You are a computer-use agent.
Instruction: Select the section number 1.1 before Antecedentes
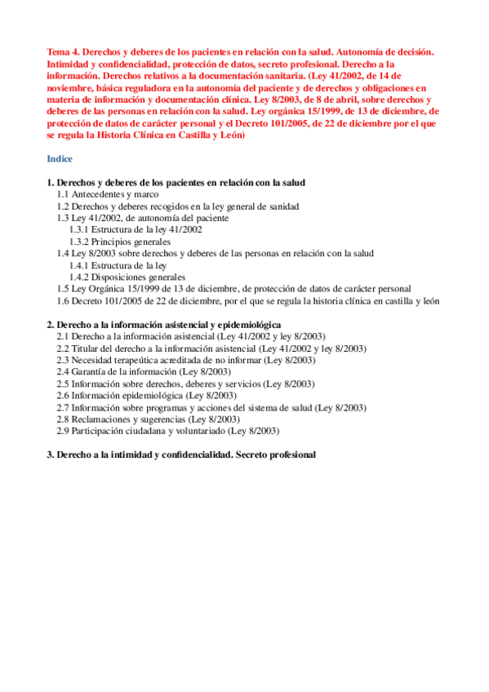click(x=63, y=195)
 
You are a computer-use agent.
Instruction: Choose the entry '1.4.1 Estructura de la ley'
click(x=118, y=265)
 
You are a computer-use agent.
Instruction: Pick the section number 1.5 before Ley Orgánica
click(x=63, y=289)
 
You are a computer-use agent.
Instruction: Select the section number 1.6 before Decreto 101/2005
click(x=63, y=300)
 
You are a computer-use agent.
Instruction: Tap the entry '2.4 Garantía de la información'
click(x=127, y=371)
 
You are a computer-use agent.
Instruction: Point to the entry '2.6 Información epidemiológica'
click(x=129, y=395)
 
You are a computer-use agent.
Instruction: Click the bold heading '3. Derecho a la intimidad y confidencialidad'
click(x=181, y=454)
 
